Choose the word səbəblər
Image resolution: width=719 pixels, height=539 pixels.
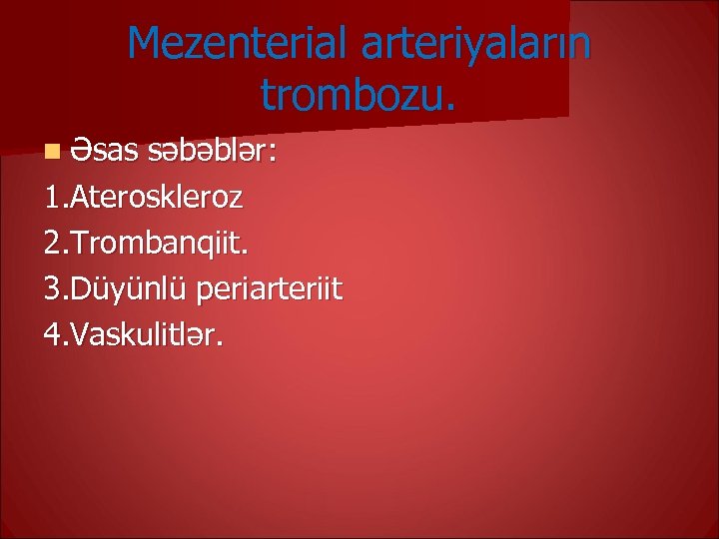pos(210,153)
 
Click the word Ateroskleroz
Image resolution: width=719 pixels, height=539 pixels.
pos(156,198)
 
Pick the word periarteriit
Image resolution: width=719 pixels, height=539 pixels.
pos(270,289)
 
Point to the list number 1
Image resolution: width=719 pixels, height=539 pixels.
pos(53,198)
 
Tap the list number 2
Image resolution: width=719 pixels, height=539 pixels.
pos(53,244)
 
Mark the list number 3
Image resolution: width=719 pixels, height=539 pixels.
pos(53,289)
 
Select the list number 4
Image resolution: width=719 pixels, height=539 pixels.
pos(53,334)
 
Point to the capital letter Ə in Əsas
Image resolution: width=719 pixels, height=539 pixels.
pos(80,153)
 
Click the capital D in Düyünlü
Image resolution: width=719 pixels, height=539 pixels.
pos(80,289)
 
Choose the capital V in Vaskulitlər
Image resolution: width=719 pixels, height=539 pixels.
pos(79,334)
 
